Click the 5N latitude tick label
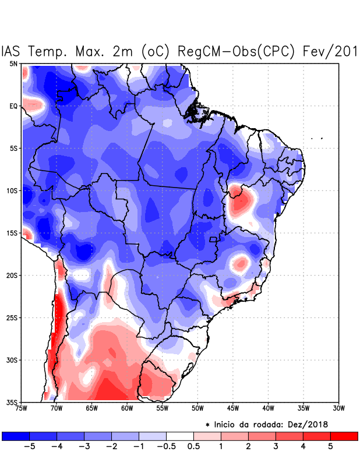[x=13, y=63]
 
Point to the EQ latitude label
[x=13, y=106]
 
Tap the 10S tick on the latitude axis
[x=12, y=190]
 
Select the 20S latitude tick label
[x=12, y=275]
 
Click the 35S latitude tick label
[x=12, y=402]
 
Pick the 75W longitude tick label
[x=22, y=408]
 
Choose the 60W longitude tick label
[x=126, y=408]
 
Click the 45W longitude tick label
[x=232, y=408]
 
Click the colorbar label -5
[x=29, y=446]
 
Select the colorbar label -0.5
[x=166, y=446]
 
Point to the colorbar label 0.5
[x=193, y=446]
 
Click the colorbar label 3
[x=276, y=446]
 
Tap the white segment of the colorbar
[x=180, y=436]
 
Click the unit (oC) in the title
[x=156, y=51]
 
